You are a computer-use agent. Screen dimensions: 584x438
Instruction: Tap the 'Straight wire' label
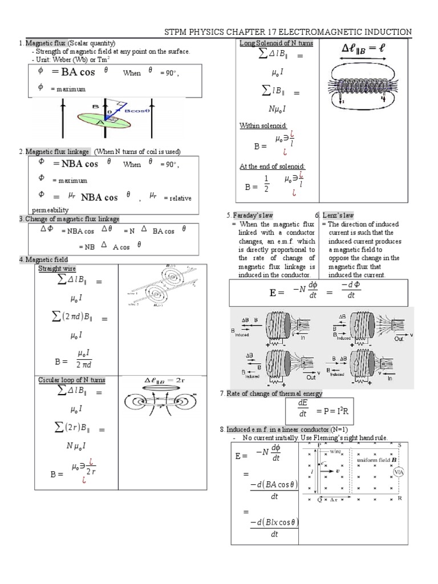coord(56,269)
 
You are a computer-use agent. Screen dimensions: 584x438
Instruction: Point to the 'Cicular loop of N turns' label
coord(71,380)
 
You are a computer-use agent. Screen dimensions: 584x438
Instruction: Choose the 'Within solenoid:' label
coord(262,125)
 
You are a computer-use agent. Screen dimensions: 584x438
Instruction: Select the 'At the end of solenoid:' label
coord(272,166)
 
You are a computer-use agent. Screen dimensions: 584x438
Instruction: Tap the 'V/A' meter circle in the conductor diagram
coord(400,471)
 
